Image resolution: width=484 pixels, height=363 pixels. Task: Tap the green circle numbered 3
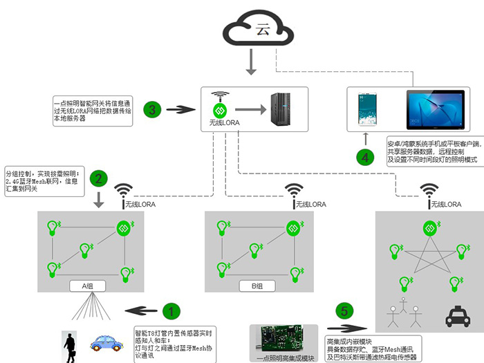click(x=153, y=109)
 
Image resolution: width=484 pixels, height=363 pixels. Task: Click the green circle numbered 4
click(x=366, y=156)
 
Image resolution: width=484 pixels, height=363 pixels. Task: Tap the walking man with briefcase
click(x=70, y=346)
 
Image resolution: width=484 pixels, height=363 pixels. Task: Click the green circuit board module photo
click(x=283, y=337)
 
